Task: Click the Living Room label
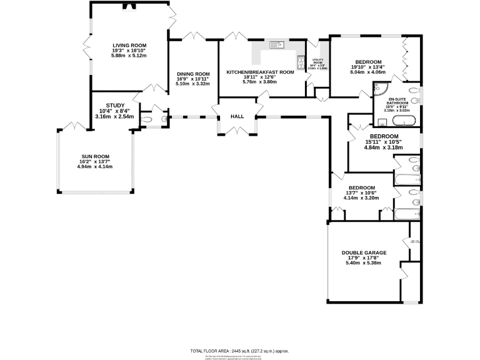pyautogui.click(x=129, y=46)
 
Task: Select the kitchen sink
pyautogui.click(x=276, y=44)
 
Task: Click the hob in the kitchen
pyautogui.click(x=299, y=62)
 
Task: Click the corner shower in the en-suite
pyautogui.click(x=379, y=90)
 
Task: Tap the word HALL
pyautogui.click(x=237, y=116)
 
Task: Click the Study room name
pyautogui.click(x=115, y=106)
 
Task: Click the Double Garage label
pyautogui.click(x=364, y=252)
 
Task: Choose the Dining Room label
pyautogui.click(x=192, y=73)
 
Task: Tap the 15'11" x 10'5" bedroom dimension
pyautogui.click(x=384, y=142)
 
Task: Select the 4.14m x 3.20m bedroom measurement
pyautogui.click(x=361, y=199)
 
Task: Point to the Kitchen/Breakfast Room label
pyautogui.click(x=260, y=72)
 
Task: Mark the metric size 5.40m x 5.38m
pyautogui.click(x=364, y=263)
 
